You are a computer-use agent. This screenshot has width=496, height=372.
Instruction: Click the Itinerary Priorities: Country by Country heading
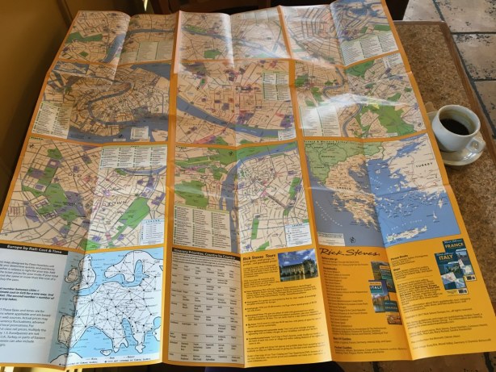202,251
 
